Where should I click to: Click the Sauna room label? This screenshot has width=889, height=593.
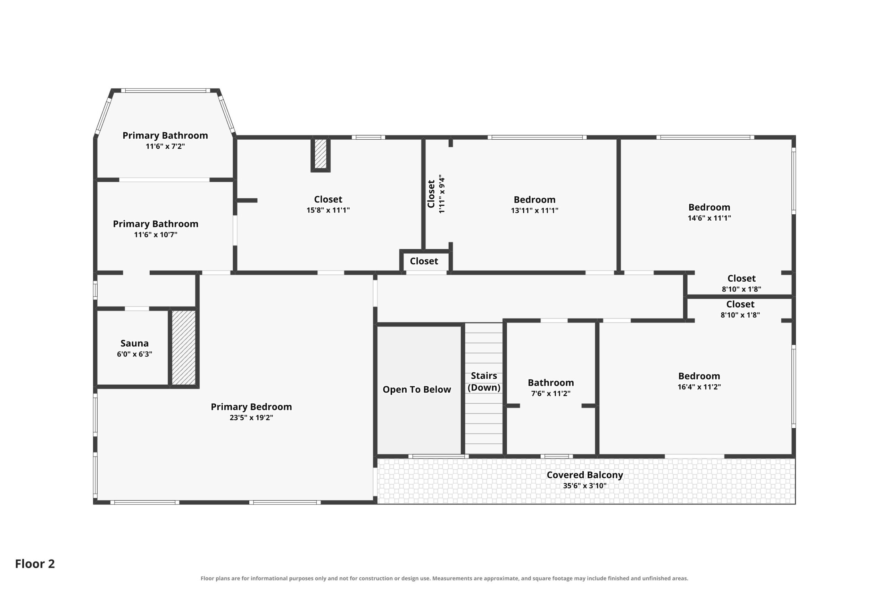click(x=134, y=343)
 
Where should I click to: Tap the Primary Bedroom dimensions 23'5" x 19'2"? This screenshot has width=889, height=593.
click(x=251, y=418)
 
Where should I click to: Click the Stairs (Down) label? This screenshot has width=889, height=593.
click(x=484, y=381)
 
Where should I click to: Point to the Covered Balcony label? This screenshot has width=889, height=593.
click(x=585, y=475)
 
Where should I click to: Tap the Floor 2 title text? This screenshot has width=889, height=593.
click(x=35, y=564)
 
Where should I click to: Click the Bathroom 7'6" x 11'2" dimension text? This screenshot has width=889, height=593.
click(x=551, y=393)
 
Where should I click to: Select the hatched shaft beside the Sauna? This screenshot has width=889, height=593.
click(x=184, y=347)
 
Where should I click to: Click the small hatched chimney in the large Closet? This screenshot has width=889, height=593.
click(x=321, y=154)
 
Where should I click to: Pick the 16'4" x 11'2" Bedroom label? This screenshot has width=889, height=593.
click(x=699, y=376)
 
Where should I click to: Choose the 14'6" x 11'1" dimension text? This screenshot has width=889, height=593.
click(x=709, y=218)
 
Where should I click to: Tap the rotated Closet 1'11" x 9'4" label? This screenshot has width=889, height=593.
click(x=436, y=194)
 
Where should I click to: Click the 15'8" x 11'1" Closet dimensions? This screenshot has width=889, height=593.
click(x=328, y=210)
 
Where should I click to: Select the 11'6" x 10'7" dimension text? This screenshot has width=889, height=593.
click(x=156, y=234)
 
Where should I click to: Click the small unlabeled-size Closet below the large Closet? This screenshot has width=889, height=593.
click(x=424, y=261)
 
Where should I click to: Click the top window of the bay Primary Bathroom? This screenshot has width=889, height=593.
click(x=166, y=91)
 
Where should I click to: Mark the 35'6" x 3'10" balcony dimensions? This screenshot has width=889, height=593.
click(x=585, y=486)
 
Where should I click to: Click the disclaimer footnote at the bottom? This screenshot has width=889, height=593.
click(x=444, y=579)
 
